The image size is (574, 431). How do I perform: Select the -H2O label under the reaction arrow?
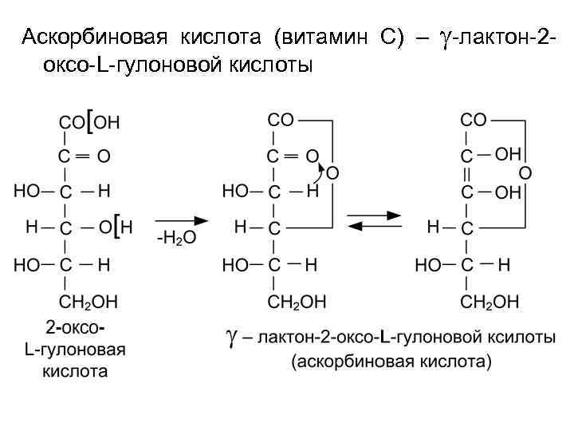tap(176, 238)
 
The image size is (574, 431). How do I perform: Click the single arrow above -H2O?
tap(181, 218)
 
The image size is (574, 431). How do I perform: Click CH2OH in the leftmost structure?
tap(88, 302)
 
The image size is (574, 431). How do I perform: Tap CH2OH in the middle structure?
tap(297, 302)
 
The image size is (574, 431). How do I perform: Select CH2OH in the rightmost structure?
tap(490, 302)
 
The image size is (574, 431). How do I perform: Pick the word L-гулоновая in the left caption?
tap(75, 350)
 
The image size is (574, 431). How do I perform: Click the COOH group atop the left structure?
tap(89, 122)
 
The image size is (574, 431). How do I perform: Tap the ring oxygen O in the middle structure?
tap(332, 172)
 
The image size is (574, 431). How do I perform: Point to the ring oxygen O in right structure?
tap(525, 172)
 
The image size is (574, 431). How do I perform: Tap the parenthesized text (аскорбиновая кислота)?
tap(391, 362)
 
